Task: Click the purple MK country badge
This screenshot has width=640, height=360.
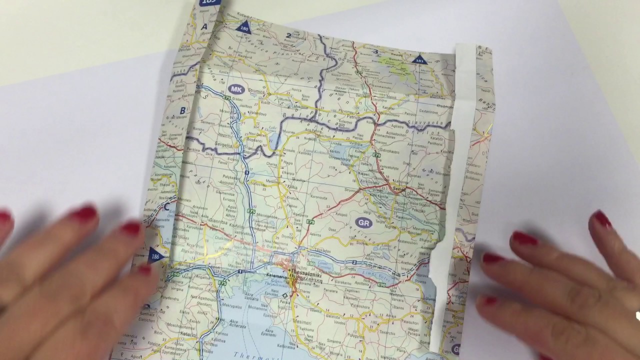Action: click(237, 89)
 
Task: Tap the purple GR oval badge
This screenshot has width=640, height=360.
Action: click(363, 222)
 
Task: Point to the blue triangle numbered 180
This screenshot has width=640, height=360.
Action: click(244, 27)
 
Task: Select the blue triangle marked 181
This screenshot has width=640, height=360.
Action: click(419, 59)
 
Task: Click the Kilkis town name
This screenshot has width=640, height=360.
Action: click(291, 189)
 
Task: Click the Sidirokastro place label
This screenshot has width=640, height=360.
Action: click(388, 149)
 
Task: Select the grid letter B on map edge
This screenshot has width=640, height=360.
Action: click(182, 111)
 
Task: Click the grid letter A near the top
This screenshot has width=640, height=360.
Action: click(204, 26)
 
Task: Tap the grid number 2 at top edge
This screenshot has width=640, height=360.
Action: click(289, 35)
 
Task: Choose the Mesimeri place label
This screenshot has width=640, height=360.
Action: click(301, 318)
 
